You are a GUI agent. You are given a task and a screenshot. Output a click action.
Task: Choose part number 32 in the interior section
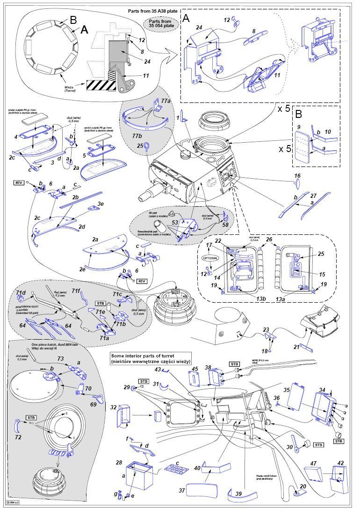click(113, 407)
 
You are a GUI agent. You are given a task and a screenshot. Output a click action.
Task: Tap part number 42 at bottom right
click(340, 463)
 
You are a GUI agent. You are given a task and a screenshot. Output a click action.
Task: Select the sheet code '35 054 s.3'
click(14, 502)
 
